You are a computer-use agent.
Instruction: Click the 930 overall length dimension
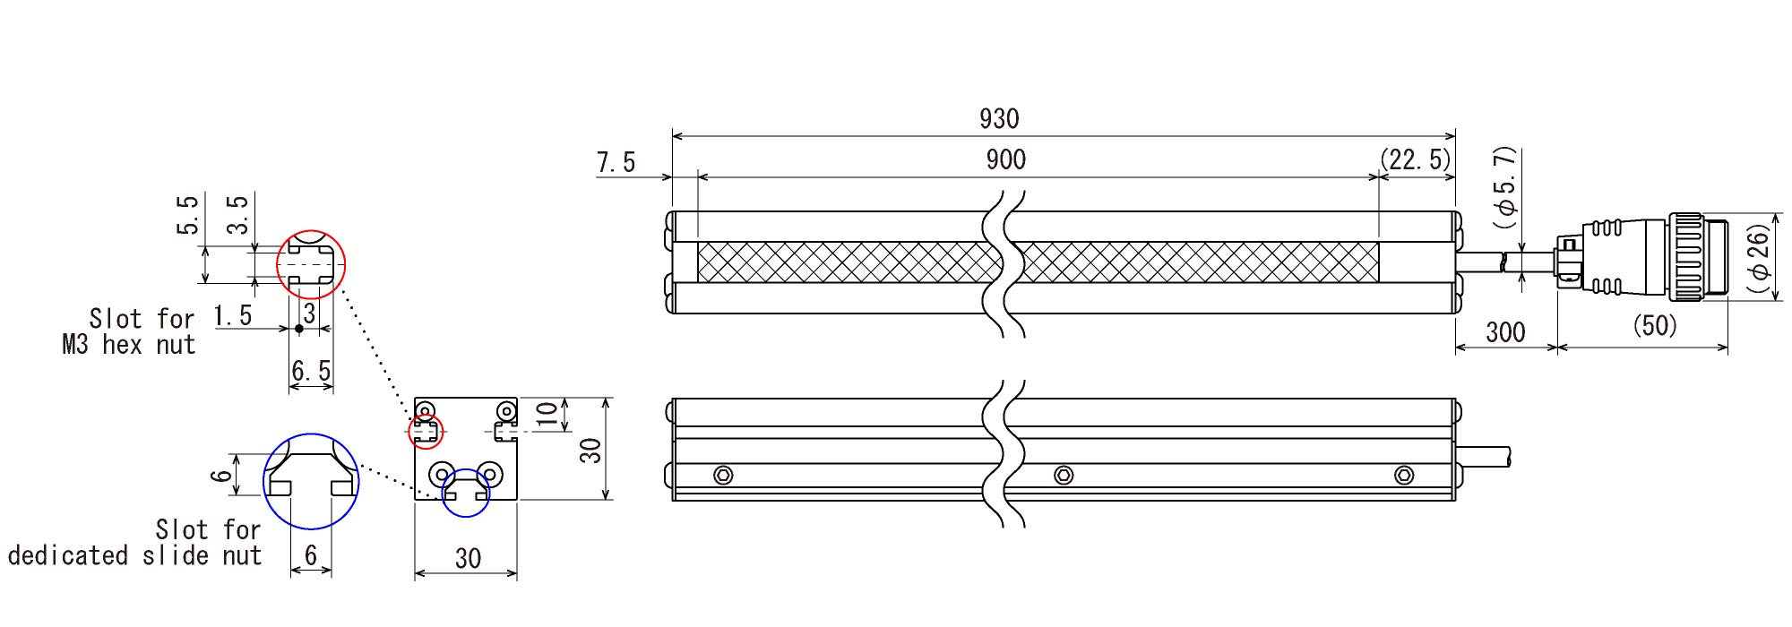pyautogui.click(x=999, y=118)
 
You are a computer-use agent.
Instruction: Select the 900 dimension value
pyautogui.click(x=1005, y=159)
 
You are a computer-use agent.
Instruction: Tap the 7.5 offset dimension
pyautogui.click(x=616, y=162)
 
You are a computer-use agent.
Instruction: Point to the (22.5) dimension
pyautogui.click(x=1415, y=159)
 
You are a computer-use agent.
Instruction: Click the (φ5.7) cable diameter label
pyautogui.click(x=1507, y=186)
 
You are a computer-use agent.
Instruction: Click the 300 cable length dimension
pyautogui.click(x=1505, y=332)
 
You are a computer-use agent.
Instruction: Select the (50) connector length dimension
pyautogui.click(x=1654, y=325)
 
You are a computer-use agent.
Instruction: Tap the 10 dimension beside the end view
pyautogui.click(x=546, y=413)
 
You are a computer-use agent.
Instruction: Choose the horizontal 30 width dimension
pyautogui.click(x=468, y=559)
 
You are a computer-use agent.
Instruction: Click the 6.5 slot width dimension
pyautogui.click(x=311, y=371)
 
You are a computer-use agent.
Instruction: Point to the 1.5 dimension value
pyautogui.click(x=233, y=315)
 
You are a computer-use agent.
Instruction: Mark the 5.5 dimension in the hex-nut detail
pyautogui.click(x=187, y=215)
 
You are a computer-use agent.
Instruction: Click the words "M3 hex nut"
pyautogui.click(x=128, y=345)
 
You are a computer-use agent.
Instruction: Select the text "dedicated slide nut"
pyautogui.click(x=134, y=555)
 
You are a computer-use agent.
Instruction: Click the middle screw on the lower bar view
pyautogui.click(x=1064, y=475)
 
